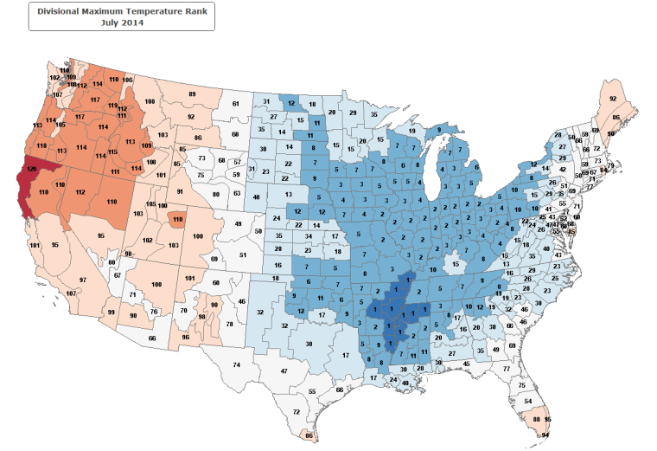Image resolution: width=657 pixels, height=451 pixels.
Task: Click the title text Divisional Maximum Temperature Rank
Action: [x=121, y=11]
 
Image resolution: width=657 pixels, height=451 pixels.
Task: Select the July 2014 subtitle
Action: [x=121, y=23]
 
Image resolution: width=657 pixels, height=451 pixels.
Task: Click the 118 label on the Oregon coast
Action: [x=41, y=145]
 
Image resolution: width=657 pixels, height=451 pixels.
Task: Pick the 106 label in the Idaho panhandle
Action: [x=128, y=80]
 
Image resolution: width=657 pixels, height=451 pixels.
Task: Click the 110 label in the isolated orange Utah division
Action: [x=177, y=220]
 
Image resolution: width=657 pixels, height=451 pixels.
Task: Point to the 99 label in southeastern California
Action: [x=112, y=312]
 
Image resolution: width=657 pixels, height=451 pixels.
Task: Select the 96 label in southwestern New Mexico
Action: [x=185, y=337]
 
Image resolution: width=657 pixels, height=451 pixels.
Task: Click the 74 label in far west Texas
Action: [x=236, y=366]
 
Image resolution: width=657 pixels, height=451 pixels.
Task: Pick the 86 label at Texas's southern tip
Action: [x=309, y=435]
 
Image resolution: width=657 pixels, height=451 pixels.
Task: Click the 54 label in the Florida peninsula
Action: [x=528, y=402]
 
